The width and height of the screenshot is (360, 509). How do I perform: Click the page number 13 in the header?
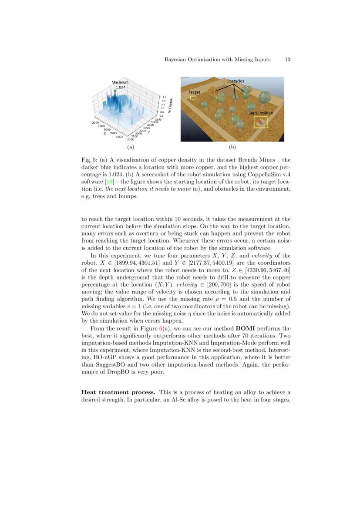coord(288,59)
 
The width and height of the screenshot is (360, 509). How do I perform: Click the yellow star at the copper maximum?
coord(115,91)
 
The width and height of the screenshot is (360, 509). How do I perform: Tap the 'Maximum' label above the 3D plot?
coord(120,82)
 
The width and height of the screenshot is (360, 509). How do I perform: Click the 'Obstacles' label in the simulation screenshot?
coord(235,81)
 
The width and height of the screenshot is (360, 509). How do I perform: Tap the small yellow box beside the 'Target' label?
coord(193,98)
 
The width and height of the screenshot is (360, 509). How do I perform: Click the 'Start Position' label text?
coord(261,113)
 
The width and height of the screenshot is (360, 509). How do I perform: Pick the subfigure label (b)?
coord(232,148)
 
